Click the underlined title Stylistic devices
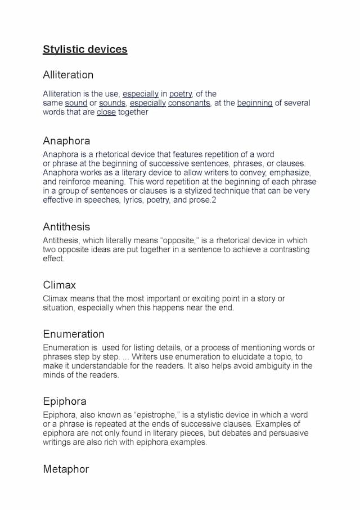[x=85, y=50]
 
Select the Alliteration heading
[x=68, y=75]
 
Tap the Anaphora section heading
[x=66, y=141]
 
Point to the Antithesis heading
[x=66, y=227]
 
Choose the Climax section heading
[x=59, y=285]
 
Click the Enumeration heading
[x=74, y=334]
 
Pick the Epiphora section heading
[x=65, y=401]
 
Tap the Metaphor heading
[x=66, y=469]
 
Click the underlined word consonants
[x=189, y=103]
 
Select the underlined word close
[x=106, y=112]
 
